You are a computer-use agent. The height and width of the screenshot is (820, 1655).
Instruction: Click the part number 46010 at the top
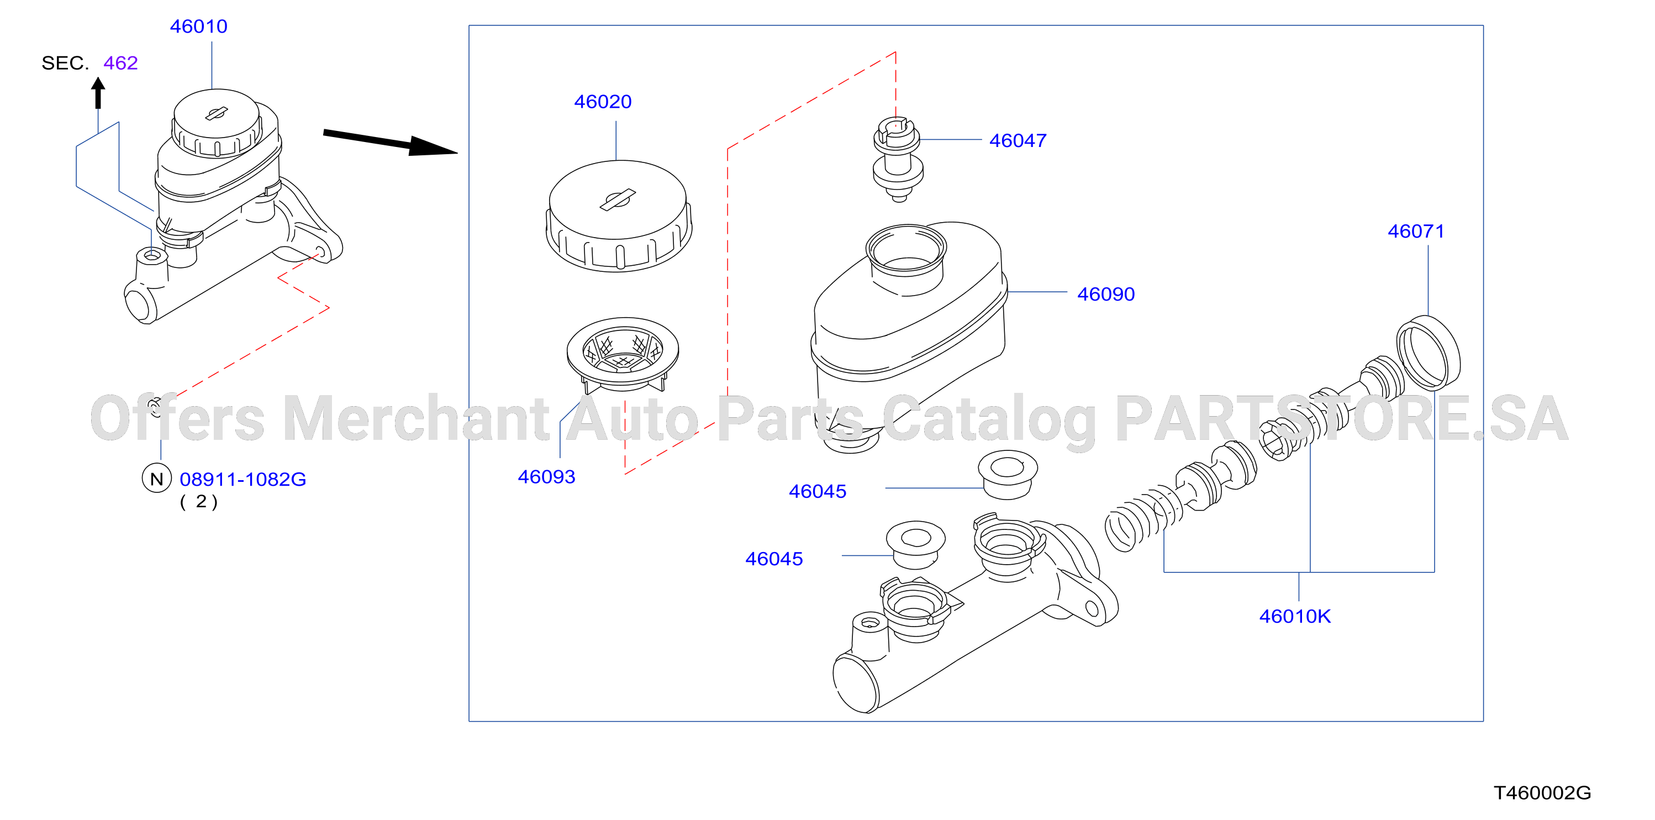tap(198, 27)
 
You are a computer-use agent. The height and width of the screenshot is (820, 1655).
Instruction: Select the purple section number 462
tap(121, 63)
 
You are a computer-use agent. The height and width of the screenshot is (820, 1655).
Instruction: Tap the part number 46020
tap(603, 102)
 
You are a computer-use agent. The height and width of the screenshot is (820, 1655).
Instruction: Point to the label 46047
tap(1018, 140)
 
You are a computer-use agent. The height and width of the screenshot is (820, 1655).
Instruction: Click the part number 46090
tap(1106, 295)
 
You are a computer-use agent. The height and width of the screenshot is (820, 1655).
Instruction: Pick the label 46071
tap(1416, 232)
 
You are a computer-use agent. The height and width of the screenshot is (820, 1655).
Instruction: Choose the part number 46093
tap(547, 477)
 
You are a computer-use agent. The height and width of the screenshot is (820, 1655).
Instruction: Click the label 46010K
tap(1295, 616)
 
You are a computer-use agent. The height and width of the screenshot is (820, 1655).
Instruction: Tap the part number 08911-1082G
tap(243, 480)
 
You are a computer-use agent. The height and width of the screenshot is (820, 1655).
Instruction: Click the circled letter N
tap(157, 479)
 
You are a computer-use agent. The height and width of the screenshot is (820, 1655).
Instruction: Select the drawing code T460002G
tap(1542, 792)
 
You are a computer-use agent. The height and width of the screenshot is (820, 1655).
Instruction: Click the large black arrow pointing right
tap(390, 143)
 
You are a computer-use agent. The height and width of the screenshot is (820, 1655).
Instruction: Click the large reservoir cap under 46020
tap(619, 216)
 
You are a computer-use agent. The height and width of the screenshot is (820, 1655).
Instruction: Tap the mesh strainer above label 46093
tap(623, 354)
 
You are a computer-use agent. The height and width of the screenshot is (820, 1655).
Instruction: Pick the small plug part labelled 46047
tap(898, 159)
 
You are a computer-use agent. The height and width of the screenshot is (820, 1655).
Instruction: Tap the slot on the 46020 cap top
tap(618, 200)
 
